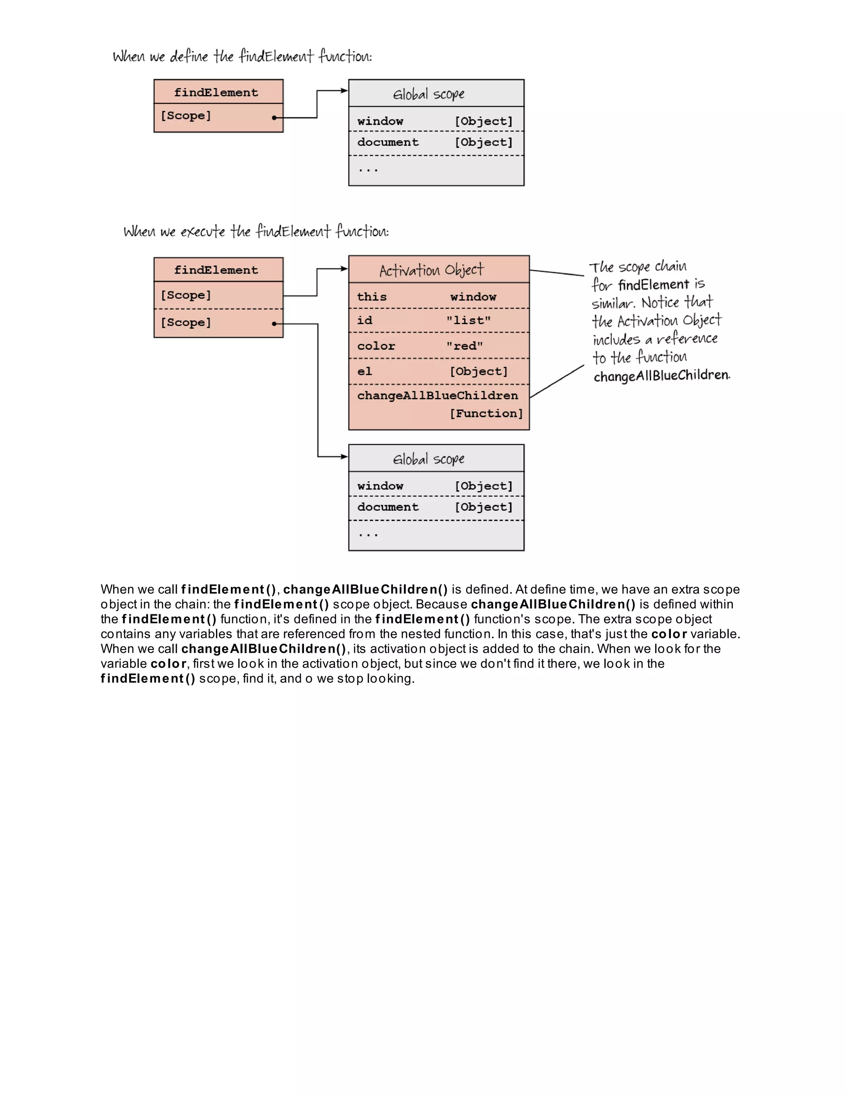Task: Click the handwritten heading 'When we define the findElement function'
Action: pyautogui.click(x=242, y=56)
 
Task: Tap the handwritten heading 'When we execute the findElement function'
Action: pyautogui.click(x=256, y=232)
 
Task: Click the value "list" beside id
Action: pyautogui.click(x=468, y=321)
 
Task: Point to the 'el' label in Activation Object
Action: pyautogui.click(x=364, y=371)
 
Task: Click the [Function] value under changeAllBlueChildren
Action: pyautogui.click(x=486, y=413)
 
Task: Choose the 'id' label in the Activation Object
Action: pyautogui.click(x=364, y=321)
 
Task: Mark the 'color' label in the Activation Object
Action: pyautogui.click(x=376, y=346)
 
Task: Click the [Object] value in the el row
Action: pyautogui.click(x=479, y=371)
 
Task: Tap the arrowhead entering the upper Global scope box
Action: pyautogui.click(x=345, y=91)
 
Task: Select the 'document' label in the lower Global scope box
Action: pyautogui.click(x=387, y=507)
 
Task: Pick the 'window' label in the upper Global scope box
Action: pyautogui.click(x=380, y=121)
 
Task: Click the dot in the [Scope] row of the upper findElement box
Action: pyautogui.click(x=274, y=118)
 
